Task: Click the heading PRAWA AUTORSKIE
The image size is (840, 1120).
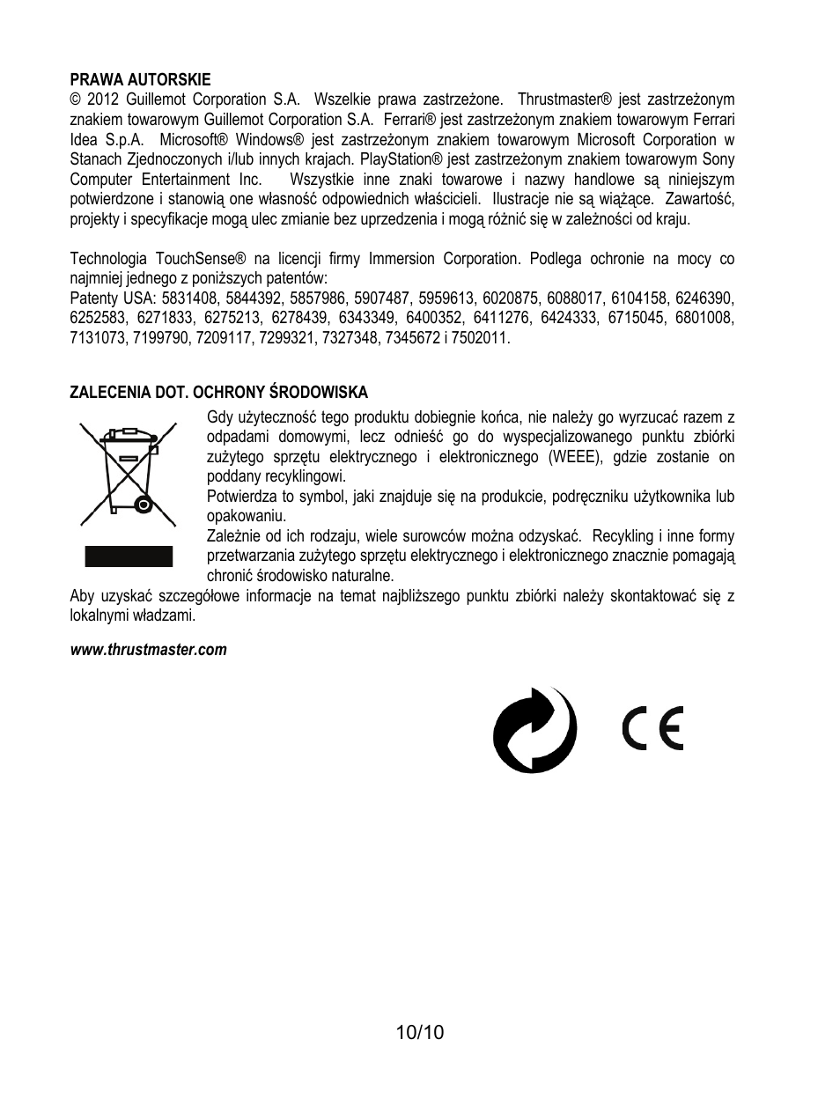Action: click(140, 80)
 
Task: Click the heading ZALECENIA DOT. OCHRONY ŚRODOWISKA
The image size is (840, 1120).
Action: click(218, 393)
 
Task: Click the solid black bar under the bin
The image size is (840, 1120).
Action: click(129, 556)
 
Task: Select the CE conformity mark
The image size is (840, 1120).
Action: click(652, 730)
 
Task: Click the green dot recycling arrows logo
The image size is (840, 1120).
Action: click(534, 730)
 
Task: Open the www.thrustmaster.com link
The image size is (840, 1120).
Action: click(148, 650)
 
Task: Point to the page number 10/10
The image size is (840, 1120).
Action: click(420, 1032)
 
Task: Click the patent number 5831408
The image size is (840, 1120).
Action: click(191, 298)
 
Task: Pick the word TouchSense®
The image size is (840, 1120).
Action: click(201, 259)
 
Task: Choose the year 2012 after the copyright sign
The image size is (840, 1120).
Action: click(102, 99)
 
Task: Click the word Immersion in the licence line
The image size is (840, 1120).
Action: click(402, 259)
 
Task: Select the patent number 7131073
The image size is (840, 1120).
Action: click(98, 338)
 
